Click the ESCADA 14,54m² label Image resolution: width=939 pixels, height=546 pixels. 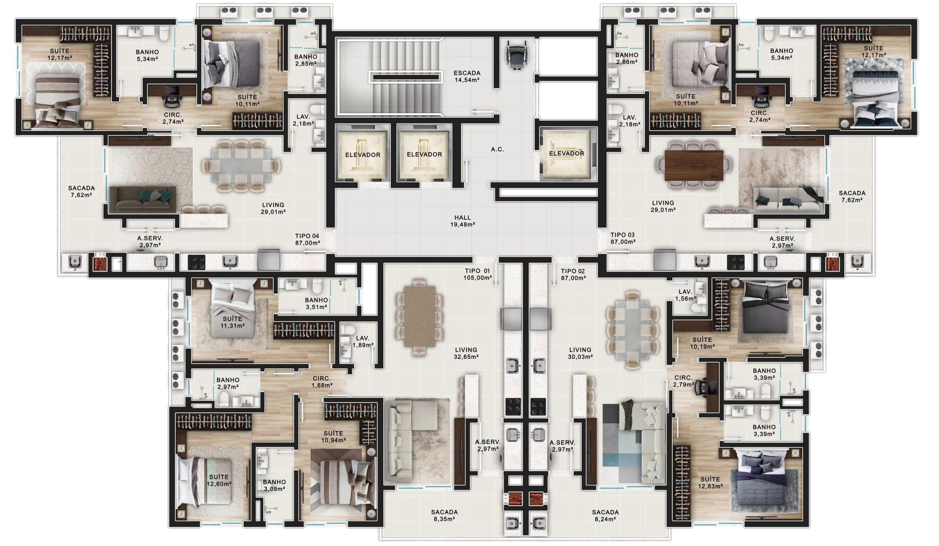[467, 76]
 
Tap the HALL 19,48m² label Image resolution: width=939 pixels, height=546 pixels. [463, 221]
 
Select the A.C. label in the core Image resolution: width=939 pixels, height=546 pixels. [497, 149]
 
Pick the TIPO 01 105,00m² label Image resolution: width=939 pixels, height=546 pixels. [477, 274]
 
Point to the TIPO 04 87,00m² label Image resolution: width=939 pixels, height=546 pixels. [307, 239]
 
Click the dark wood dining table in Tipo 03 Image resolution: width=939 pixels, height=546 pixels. [694, 165]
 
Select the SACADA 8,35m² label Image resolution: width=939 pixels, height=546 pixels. [445, 516]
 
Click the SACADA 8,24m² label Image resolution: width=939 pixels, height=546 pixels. [605, 516]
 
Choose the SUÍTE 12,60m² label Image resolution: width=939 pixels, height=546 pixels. [219, 480]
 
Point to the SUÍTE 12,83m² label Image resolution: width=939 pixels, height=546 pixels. [710, 483]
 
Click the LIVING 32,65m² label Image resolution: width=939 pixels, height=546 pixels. [466, 353]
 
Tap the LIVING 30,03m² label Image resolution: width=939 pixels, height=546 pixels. [580, 353]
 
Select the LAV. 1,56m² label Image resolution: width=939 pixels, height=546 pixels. [685, 295]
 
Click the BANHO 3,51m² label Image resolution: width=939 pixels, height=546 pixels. [316, 303]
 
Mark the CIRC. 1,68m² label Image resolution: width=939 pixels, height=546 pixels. [322, 382]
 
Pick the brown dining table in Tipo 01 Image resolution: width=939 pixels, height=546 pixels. [420, 317]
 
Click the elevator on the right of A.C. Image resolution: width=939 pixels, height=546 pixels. [567, 153]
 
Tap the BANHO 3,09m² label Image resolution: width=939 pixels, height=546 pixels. [275, 485]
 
